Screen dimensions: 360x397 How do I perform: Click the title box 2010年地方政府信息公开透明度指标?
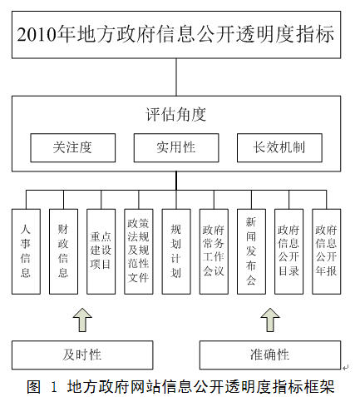(x=176, y=35)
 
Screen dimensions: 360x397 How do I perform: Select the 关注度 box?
(x=73, y=147)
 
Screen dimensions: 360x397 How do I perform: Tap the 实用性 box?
(x=176, y=147)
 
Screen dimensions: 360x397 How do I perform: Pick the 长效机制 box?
(x=279, y=147)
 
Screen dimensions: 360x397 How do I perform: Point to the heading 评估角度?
(x=176, y=114)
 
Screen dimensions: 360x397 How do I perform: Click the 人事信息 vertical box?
(x=26, y=251)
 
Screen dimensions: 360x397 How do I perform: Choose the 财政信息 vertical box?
(x=63, y=251)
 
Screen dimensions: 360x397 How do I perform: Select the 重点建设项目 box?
(x=101, y=251)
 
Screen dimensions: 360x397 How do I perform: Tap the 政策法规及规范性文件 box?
(x=139, y=251)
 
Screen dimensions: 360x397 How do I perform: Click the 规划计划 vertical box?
(x=176, y=251)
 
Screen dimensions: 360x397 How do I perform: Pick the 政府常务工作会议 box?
(x=214, y=251)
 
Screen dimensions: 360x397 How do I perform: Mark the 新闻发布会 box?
(x=251, y=251)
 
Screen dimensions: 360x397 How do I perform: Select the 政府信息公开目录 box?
(x=288, y=251)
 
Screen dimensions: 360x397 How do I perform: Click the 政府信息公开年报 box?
(x=327, y=251)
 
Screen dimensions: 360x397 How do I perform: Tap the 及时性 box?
(x=82, y=355)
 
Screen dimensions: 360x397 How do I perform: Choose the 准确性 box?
(x=270, y=355)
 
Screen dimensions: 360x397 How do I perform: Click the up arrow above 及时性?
(x=82, y=320)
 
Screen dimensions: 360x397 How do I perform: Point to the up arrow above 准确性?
(x=270, y=320)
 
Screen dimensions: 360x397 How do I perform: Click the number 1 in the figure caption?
(x=54, y=387)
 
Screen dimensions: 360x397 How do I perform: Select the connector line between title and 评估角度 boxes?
(x=176, y=77)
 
